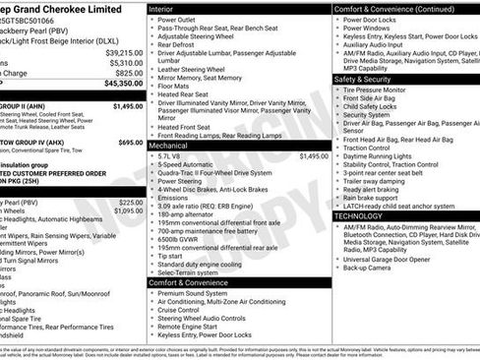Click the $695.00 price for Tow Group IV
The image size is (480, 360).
[130, 143]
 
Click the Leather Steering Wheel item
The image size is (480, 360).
[195, 69]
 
